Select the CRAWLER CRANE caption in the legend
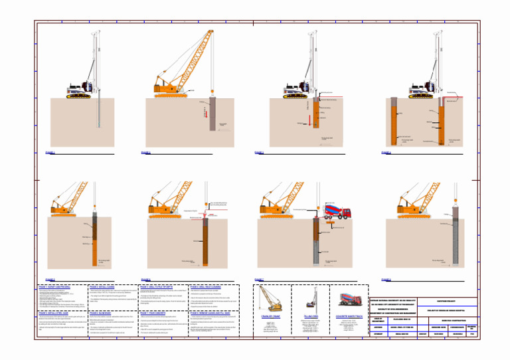point(272,317)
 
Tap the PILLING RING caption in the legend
point(311,317)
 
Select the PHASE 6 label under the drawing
point(145,280)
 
